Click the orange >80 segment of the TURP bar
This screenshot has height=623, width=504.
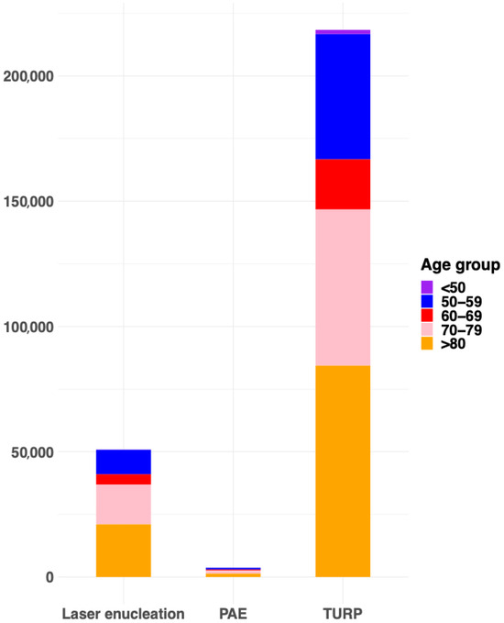point(343,471)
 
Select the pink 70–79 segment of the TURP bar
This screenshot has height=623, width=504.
point(343,287)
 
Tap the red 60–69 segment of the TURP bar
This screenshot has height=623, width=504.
point(343,184)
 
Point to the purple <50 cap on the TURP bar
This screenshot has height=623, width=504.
point(343,32)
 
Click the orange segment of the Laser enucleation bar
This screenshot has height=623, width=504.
point(123,551)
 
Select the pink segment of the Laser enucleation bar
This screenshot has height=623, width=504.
point(123,504)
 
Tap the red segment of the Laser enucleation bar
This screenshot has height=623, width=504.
point(123,479)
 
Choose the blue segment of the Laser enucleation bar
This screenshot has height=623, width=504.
point(123,462)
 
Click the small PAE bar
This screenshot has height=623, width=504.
point(233,573)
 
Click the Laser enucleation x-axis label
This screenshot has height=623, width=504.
point(123,612)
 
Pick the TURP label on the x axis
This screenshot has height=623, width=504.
point(343,612)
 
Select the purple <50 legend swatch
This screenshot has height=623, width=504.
point(427,287)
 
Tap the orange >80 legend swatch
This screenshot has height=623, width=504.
point(427,343)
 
